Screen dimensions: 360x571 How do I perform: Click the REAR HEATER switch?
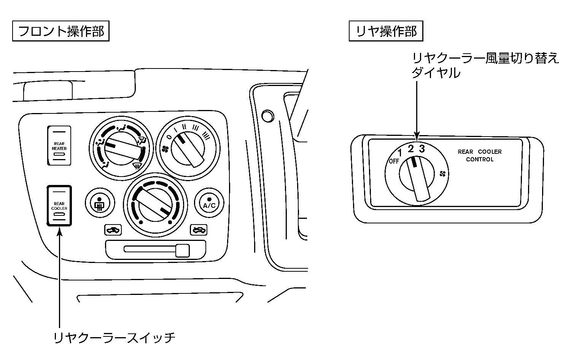(x=59, y=146)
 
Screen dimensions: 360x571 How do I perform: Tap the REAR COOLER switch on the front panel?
(x=59, y=206)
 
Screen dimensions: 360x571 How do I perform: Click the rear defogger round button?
(x=99, y=202)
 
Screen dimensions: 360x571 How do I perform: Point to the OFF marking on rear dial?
(x=394, y=161)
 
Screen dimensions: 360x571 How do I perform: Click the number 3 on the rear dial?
(x=421, y=149)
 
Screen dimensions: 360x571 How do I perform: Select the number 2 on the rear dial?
(x=411, y=149)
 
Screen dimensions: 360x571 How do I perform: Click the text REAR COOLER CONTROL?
(x=479, y=155)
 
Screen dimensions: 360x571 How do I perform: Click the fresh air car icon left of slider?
(x=113, y=230)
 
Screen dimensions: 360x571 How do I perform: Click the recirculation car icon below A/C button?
(x=199, y=229)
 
